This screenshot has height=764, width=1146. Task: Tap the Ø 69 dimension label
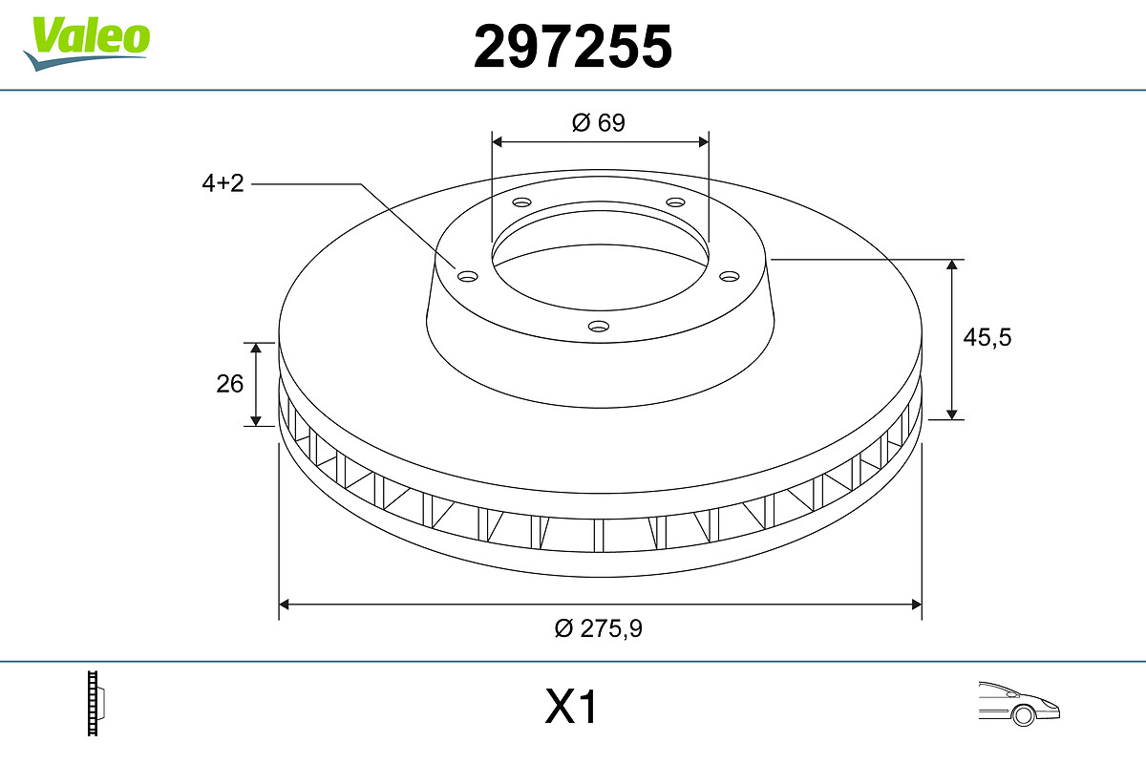pos(599,122)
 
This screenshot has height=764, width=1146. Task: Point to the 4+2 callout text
pos(223,184)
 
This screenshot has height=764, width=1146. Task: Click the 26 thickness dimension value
pos(229,384)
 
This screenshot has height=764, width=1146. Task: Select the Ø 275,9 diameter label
pos(600,628)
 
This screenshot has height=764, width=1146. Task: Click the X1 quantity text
pos(570,709)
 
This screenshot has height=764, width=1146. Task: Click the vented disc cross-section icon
pos(95,703)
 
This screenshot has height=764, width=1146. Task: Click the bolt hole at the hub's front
pos(599,327)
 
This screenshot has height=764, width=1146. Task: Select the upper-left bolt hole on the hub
pos(520,202)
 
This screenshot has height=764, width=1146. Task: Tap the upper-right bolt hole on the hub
pos(675,202)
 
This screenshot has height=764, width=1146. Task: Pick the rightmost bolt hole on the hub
pos(730,276)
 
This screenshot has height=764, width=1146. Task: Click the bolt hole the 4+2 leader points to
pos(467,277)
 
